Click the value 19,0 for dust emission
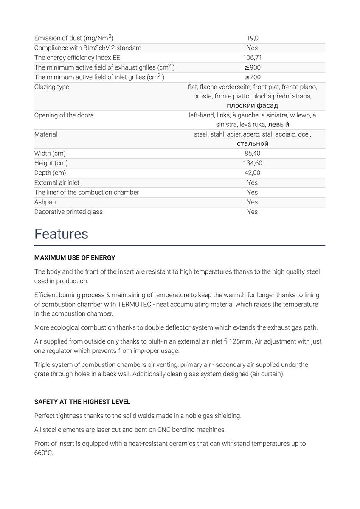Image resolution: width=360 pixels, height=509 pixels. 252,38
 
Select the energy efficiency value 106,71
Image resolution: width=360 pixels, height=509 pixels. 252,58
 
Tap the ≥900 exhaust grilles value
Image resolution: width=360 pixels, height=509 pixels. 252,67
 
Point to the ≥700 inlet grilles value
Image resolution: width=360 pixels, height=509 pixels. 252,77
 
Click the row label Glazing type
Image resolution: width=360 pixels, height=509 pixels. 51,87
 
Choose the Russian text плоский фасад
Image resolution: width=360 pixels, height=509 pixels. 252,106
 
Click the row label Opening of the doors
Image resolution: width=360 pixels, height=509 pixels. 64,115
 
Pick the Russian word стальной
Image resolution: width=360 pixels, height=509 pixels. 252,144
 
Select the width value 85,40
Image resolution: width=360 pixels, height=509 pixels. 252,153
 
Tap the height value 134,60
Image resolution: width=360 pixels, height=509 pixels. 252,163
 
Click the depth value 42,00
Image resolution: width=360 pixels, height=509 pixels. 252,173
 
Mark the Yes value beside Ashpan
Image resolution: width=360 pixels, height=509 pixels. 252,202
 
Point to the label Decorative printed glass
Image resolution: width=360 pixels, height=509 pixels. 68,212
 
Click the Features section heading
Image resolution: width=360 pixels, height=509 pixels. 61,234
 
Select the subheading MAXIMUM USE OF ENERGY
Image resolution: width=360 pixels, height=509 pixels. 75,257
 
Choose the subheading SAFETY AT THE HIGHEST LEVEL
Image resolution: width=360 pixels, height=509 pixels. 82,402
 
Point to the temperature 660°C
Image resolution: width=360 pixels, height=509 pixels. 43,453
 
